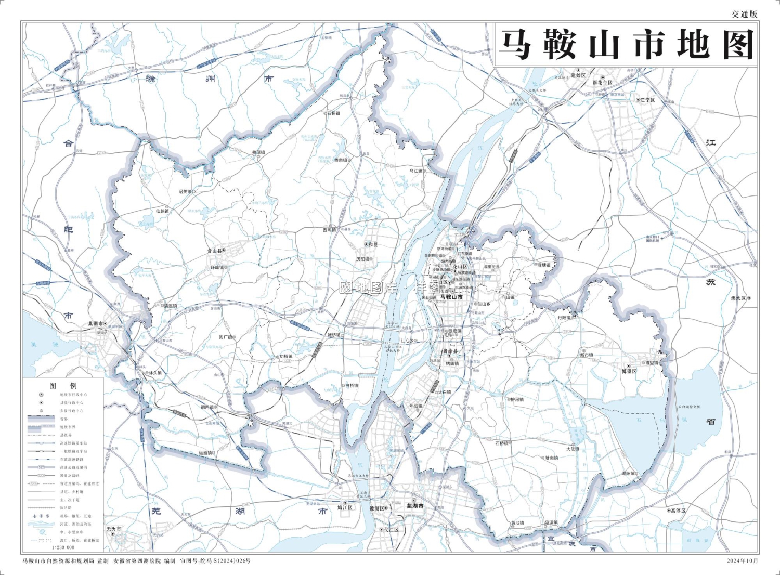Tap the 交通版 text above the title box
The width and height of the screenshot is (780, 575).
(745, 15)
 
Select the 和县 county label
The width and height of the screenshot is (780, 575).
(373, 244)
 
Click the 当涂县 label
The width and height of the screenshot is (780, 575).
(450, 352)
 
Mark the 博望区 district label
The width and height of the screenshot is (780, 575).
(629, 371)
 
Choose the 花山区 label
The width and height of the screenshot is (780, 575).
(460, 267)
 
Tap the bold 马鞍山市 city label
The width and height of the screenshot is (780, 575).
(451, 297)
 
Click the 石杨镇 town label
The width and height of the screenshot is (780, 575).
(333, 113)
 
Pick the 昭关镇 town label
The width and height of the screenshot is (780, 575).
(185, 192)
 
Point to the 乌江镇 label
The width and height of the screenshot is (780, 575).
(415, 171)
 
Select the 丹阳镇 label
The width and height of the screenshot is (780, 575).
(564, 317)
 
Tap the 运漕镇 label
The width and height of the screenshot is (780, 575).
(205, 453)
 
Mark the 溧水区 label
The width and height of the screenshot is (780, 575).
(738, 298)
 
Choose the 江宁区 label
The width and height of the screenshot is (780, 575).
(647, 100)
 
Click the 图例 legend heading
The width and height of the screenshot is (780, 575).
(63, 386)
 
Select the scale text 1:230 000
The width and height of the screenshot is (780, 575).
(63, 547)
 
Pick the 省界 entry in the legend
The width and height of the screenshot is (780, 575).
(64, 419)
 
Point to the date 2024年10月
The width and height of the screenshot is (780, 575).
(743, 561)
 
